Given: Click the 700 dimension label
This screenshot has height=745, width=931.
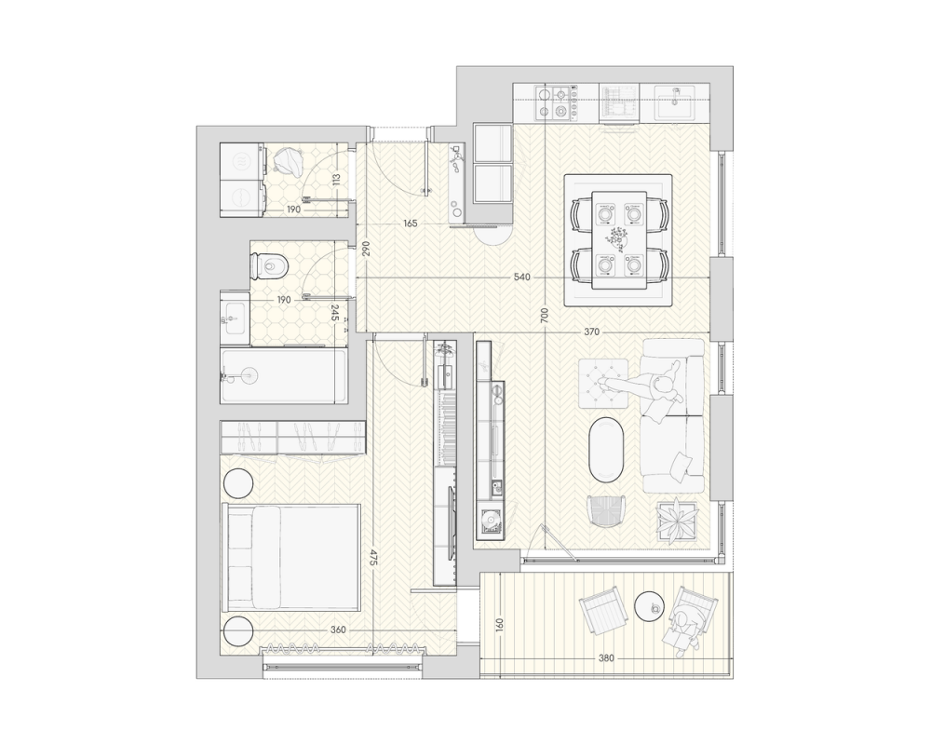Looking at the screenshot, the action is (x=545, y=314).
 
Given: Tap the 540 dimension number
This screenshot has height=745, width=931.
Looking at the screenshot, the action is (x=522, y=278).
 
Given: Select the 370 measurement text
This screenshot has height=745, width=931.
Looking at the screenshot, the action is (x=591, y=332).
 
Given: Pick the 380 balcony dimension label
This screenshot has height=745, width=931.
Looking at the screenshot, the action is (x=606, y=658).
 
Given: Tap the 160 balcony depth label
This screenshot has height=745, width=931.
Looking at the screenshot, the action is (x=499, y=626).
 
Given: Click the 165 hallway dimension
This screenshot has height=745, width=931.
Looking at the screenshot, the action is (x=411, y=224).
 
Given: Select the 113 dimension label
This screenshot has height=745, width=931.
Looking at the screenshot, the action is (x=336, y=180).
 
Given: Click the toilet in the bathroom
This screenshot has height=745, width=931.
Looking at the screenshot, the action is (x=269, y=265).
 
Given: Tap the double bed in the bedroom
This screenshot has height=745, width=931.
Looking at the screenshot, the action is (x=290, y=558).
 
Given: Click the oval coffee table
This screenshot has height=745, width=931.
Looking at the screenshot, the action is (x=607, y=449).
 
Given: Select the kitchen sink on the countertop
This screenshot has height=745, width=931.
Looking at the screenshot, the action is (x=675, y=102).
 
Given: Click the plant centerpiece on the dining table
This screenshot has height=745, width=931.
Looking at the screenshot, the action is (x=619, y=238).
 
